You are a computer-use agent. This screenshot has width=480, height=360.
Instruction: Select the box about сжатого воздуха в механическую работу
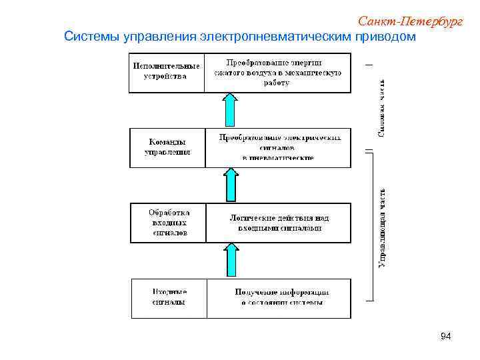(277, 72)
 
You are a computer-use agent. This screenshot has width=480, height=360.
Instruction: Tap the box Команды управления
(167, 147)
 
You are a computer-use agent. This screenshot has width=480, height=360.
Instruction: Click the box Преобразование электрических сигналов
(278, 147)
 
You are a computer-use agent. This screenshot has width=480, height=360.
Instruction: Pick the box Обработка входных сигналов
(168, 222)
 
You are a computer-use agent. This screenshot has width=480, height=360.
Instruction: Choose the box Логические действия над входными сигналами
(279, 223)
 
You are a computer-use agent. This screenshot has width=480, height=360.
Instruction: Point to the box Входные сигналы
(169, 297)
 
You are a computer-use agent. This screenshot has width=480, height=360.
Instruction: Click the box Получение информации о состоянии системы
(281, 297)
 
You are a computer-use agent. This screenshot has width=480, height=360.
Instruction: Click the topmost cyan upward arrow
(230, 109)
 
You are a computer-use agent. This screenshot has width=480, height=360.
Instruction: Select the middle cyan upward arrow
(230, 184)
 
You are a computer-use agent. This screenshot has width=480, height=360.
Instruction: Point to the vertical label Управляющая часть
(382, 227)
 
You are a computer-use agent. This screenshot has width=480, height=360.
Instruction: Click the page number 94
(446, 337)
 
